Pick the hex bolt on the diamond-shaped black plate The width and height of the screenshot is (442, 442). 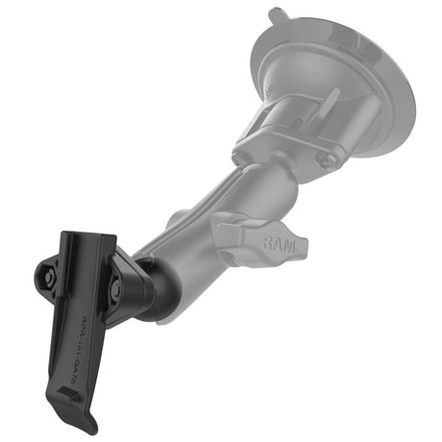[116, 286]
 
